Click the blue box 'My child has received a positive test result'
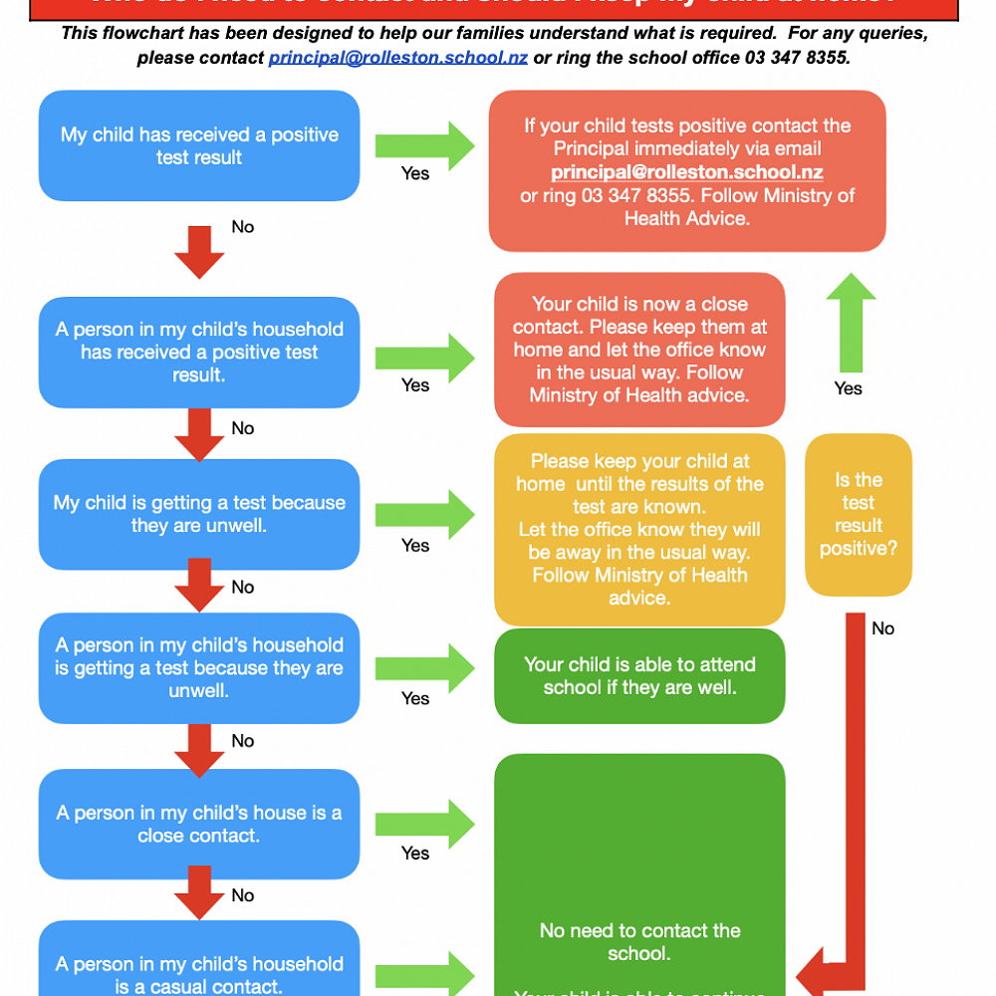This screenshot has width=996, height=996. pyautogui.click(x=199, y=145)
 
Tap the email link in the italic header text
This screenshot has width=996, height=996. pyautogui.click(x=397, y=58)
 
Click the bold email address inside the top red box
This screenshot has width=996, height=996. pyautogui.click(x=687, y=171)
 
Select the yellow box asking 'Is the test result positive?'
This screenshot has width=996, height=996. pyautogui.click(x=858, y=514)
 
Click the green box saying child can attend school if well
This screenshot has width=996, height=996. pyautogui.click(x=639, y=675)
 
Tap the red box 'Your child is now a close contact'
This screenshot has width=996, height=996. pyautogui.click(x=639, y=350)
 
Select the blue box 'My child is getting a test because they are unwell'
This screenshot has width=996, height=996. pyautogui.click(x=199, y=514)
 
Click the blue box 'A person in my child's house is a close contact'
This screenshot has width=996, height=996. pyautogui.click(x=199, y=824)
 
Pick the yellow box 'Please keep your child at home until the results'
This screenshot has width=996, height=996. pyautogui.click(x=639, y=529)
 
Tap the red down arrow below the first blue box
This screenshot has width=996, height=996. pyautogui.click(x=199, y=252)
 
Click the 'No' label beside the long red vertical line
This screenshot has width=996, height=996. pyautogui.click(x=883, y=628)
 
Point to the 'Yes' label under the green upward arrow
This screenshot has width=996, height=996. pyautogui.click(x=849, y=388)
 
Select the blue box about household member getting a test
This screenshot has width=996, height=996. pyautogui.click(x=199, y=667)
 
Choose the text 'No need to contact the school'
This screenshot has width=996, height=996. pyautogui.click(x=639, y=942)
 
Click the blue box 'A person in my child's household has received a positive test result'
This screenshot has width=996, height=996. pyautogui.click(x=199, y=352)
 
